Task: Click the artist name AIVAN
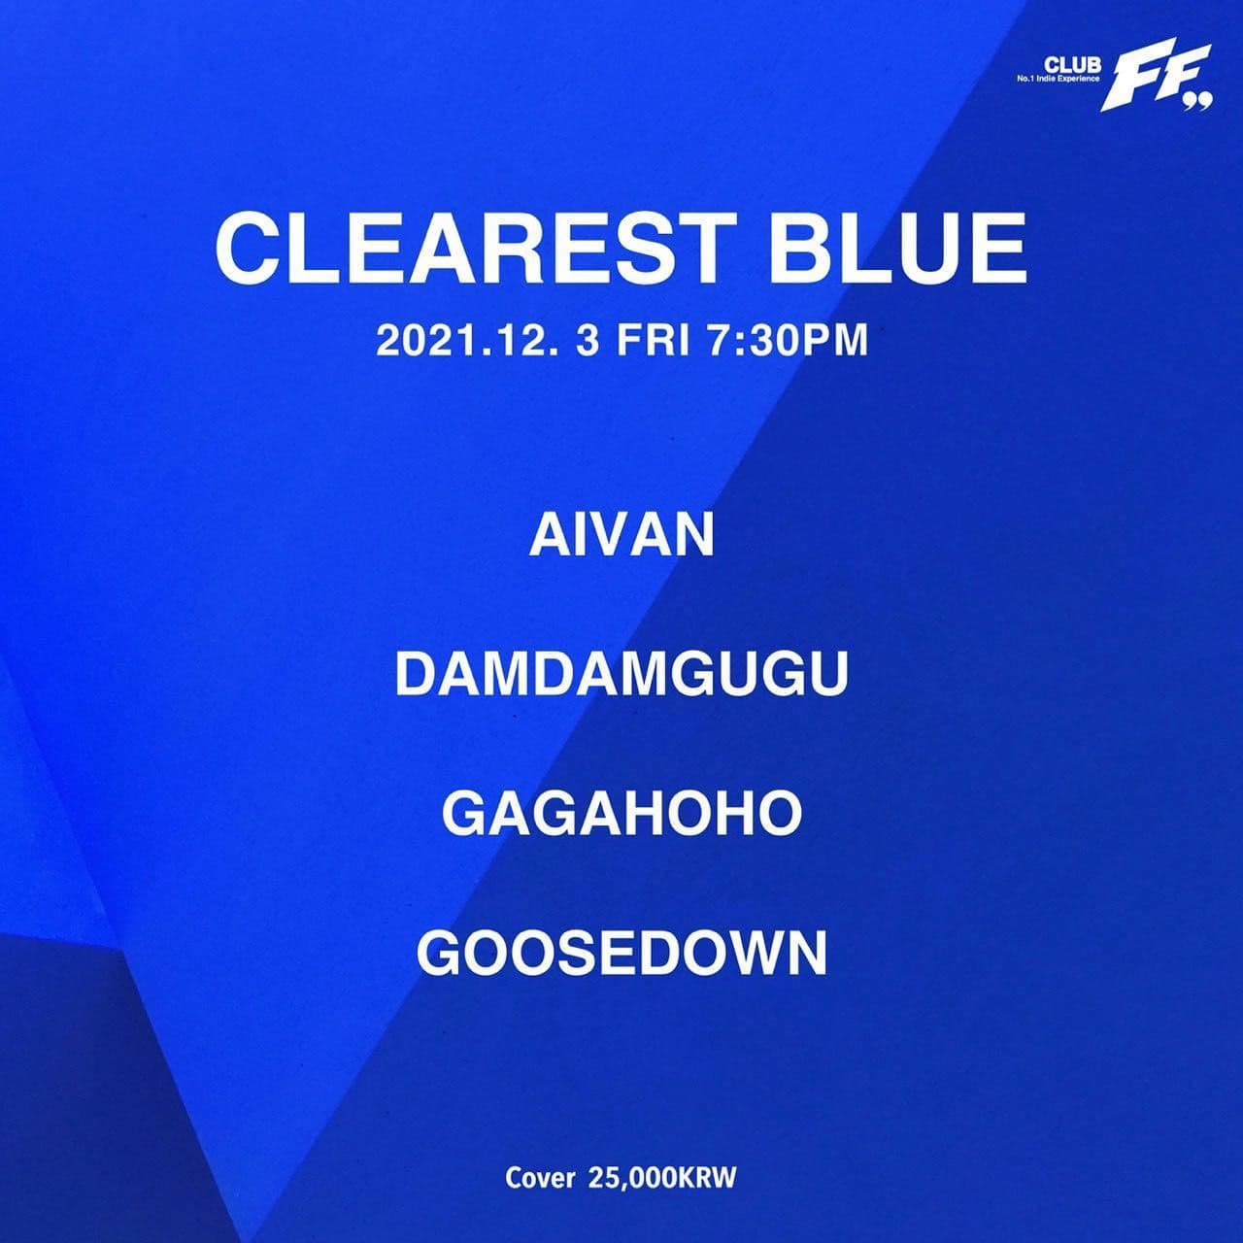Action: pos(621,536)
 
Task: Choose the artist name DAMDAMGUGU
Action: pos(621,675)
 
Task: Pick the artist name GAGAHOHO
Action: pos(621,814)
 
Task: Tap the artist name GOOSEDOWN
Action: pos(621,954)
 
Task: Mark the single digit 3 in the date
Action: pos(586,342)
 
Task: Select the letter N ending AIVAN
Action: pos(693,536)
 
